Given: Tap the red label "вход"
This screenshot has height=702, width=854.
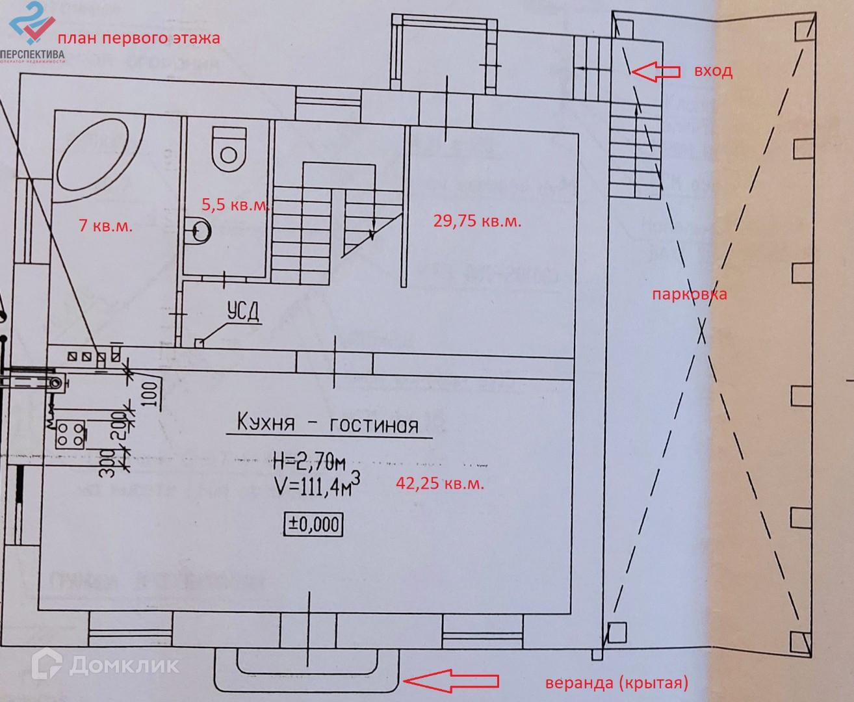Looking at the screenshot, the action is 713,71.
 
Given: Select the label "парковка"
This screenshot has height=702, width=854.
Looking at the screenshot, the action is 690,294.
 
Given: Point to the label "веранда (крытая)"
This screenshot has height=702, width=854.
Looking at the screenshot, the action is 615,682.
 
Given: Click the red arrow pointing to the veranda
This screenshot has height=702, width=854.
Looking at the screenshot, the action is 451,681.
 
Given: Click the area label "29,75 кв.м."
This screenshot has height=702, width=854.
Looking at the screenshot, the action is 477,221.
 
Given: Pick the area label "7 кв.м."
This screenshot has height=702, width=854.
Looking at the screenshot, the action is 105,226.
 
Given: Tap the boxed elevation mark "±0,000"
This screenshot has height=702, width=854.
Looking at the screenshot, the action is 313,524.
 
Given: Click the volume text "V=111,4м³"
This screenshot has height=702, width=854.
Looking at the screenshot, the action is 315,488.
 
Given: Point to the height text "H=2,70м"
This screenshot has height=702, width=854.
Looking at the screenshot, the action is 308,463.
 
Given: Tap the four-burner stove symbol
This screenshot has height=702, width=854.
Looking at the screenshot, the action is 70,434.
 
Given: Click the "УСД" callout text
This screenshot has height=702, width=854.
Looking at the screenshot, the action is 243,313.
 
